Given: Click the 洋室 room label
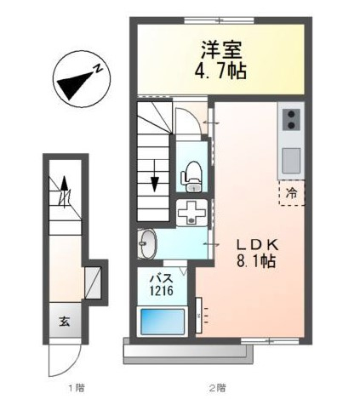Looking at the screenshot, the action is (x=221, y=50).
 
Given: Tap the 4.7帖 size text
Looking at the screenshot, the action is (x=220, y=71).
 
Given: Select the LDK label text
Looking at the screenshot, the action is (x=258, y=245).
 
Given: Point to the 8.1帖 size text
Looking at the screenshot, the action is (x=256, y=261).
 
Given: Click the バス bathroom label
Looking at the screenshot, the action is (x=161, y=278).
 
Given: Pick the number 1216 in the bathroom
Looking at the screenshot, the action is (x=162, y=291).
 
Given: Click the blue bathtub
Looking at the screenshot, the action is (x=163, y=321).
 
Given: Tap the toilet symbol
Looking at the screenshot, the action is (x=191, y=177).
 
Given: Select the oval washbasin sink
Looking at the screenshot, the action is (x=148, y=244).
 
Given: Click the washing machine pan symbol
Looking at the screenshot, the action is (x=191, y=213).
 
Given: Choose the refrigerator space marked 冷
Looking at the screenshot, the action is (x=291, y=193).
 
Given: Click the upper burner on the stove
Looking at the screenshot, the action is (x=291, y=114).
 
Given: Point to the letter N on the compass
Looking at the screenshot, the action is (x=99, y=69).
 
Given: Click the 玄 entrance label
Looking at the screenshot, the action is (x=65, y=322).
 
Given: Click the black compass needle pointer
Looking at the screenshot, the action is (x=75, y=85).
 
